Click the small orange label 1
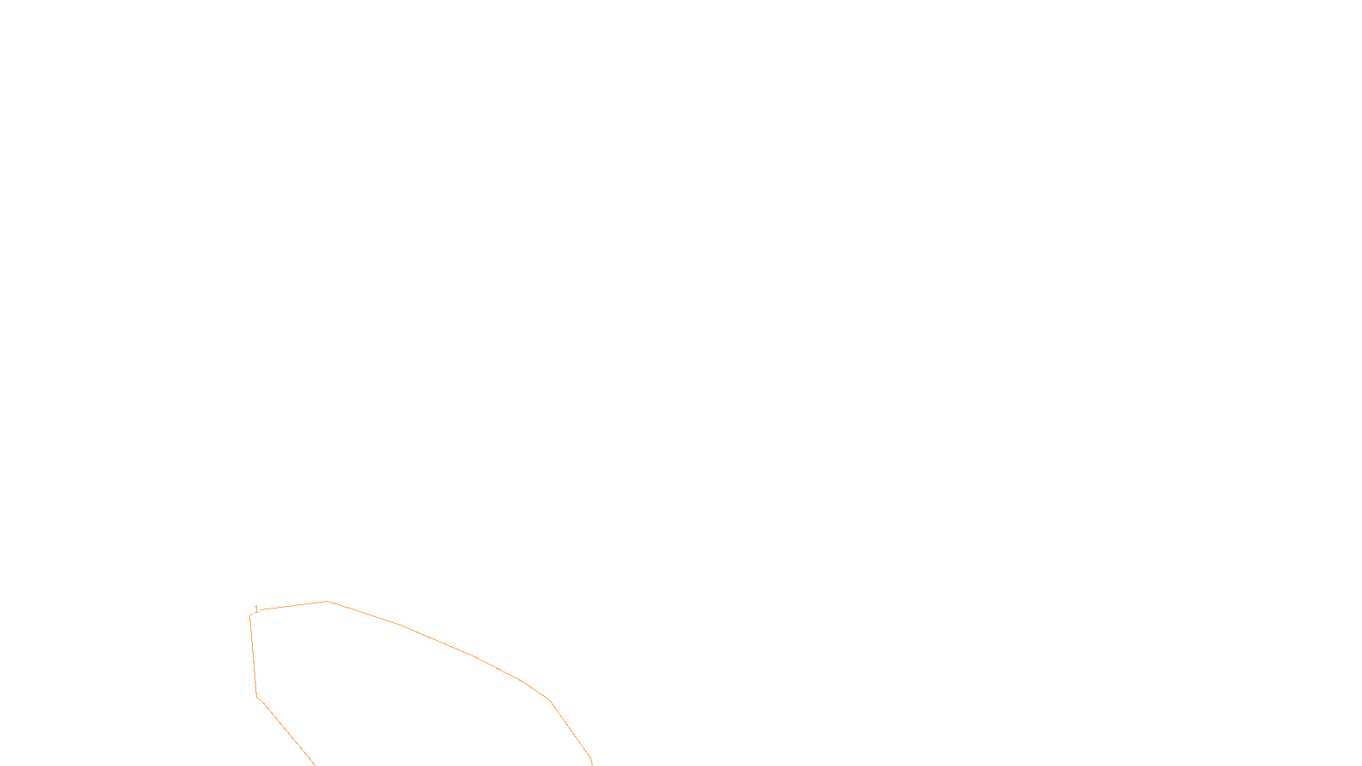click(x=256, y=609)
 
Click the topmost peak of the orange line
click(x=327, y=602)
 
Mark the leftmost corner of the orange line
click(x=250, y=617)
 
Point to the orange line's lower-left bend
click(x=257, y=697)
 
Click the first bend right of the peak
click(x=402, y=626)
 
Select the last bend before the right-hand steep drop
click(x=550, y=700)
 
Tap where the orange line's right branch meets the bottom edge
click(x=592, y=763)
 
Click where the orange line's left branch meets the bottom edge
click(x=315, y=764)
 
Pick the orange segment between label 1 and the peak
click(x=294, y=606)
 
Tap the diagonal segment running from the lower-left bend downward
click(x=286, y=731)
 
